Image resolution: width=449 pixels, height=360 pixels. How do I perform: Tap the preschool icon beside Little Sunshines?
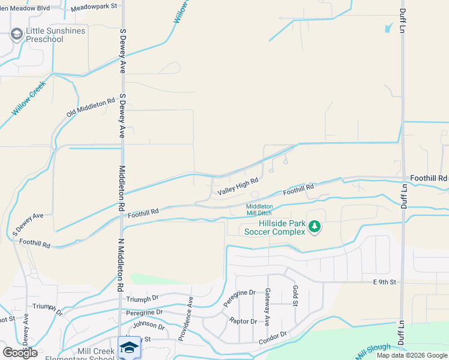pos(16,35)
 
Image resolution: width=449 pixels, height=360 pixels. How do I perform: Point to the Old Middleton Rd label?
pos(91,108)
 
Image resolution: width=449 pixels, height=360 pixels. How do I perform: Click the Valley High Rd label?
pos(238,186)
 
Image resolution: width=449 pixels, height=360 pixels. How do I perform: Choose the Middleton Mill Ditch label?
pos(259,210)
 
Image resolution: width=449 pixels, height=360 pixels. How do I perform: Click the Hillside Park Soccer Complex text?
pos(274,227)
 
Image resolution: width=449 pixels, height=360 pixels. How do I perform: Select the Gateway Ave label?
pos(268,299)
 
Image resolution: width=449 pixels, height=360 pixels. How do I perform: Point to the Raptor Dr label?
pos(243,321)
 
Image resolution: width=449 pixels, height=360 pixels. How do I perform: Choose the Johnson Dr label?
pos(148,326)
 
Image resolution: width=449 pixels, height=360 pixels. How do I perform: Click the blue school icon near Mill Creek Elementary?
pos(129,347)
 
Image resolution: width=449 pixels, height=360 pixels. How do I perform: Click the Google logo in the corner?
pos(20,352)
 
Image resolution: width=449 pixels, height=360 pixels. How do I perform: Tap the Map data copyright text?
pos(412,355)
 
